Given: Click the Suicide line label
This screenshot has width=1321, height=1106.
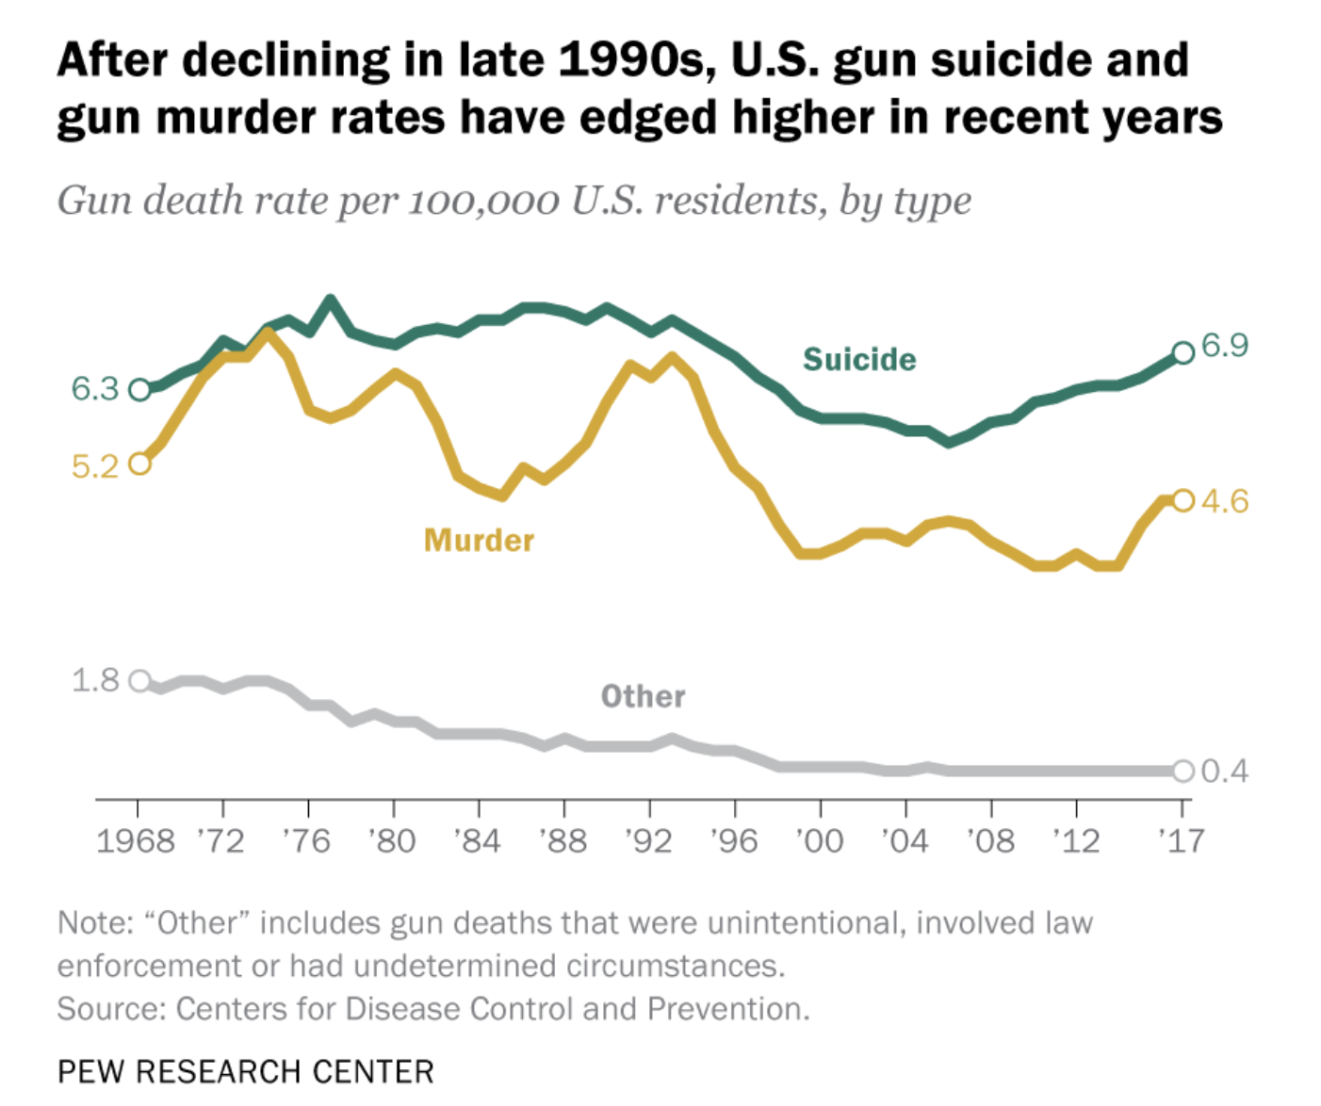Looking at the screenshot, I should [x=858, y=359].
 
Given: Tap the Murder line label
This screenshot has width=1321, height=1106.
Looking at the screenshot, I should [x=479, y=540].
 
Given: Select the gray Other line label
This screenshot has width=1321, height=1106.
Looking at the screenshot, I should [x=643, y=696].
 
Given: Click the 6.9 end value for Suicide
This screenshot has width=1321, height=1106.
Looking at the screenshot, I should [x=1225, y=346].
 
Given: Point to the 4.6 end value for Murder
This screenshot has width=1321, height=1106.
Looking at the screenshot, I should [x=1225, y=500].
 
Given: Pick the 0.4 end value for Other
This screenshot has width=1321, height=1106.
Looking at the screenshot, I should [x=1225, y=772].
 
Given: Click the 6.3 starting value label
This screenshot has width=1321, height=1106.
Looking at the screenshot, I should [x=95, y=388].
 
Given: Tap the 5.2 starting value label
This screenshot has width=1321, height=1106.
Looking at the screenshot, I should [x=95, y=465].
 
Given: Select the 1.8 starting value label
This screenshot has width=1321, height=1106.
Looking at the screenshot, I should [x=95, y=679].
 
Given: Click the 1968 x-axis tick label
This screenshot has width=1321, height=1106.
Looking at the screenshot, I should [x=136, y=840].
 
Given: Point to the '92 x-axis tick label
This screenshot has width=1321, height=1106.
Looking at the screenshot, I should [x=648, y=840].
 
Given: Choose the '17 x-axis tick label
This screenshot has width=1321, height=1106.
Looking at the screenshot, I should [x=1181, y=840].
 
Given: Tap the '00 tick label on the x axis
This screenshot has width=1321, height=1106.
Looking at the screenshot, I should [x=819, y=840].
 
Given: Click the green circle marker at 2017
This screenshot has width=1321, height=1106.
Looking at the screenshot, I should [x=1183, y=352].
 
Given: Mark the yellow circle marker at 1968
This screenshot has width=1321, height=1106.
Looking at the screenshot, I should [x=139, y=464].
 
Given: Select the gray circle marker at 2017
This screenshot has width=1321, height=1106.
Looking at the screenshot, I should [x=1183, y=772].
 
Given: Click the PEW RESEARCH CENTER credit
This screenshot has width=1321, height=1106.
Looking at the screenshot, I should [x=245, y=1072].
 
